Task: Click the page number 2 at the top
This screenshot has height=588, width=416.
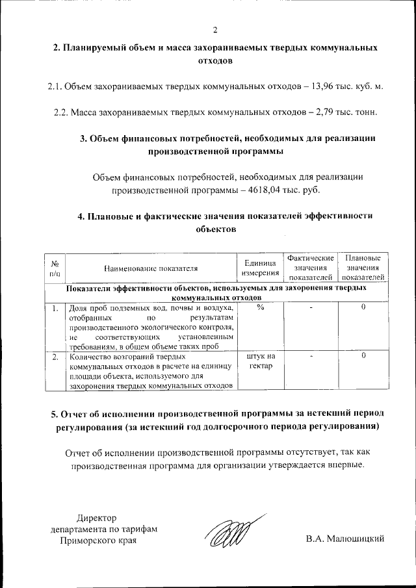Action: point(214,29)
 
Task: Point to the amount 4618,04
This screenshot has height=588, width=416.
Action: point(264,190)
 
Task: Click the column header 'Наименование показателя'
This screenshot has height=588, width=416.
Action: point(150,267)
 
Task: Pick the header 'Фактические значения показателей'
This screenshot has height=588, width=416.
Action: point(311,268)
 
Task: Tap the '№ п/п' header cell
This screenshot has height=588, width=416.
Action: point(55,268)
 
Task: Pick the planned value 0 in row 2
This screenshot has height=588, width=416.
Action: point(363,356)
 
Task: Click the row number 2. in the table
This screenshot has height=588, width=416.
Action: point(55,356)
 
